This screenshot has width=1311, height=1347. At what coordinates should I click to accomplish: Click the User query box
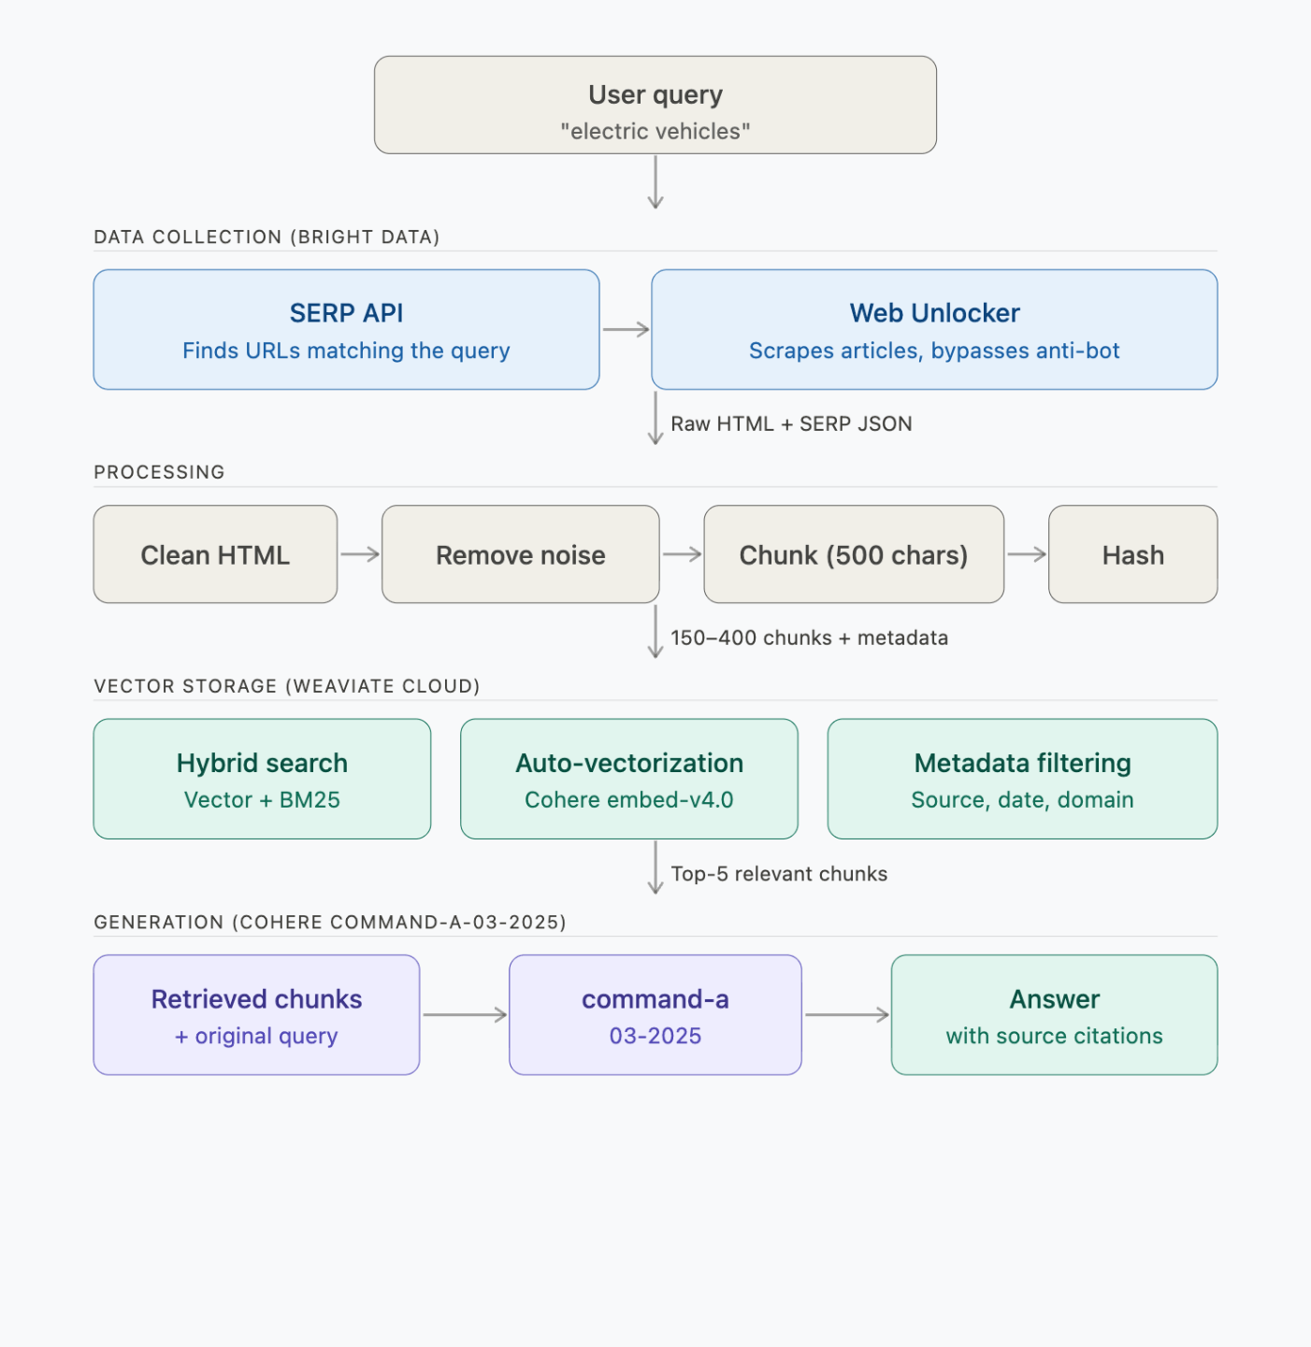(655, 105)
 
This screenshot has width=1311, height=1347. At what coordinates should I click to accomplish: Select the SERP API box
(346, 330)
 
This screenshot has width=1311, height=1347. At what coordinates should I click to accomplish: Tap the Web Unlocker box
(934, 330)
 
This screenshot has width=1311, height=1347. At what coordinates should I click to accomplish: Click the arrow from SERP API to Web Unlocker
(626, 329)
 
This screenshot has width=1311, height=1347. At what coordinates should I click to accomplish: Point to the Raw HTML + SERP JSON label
(791, 424)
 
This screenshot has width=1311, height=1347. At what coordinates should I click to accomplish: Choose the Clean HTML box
(215, 554)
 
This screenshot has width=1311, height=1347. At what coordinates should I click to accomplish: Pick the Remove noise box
(520, 554)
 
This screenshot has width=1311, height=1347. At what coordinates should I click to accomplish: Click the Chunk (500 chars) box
(853, 554)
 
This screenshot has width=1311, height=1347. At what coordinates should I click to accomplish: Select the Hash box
(1132, 554)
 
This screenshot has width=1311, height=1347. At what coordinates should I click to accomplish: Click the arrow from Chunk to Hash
(1026, 554)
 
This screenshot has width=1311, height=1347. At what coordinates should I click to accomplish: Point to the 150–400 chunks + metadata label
(809, 638)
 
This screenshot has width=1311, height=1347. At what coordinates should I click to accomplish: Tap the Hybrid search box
(262, 779)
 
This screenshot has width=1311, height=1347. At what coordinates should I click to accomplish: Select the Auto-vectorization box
(628, 779)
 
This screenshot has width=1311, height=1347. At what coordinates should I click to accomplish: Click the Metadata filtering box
(1022, 779)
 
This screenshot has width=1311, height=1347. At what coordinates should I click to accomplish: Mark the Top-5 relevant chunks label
(779, 874)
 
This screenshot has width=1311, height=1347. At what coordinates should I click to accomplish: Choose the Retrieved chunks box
(256, 1015)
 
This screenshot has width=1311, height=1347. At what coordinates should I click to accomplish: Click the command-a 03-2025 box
(655, 1015)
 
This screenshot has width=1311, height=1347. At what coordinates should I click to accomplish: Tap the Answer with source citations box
(1054, 1015)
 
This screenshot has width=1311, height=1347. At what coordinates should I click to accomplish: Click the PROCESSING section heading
(159, 472)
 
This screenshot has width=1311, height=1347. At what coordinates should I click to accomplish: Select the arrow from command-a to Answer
(846, 1014)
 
